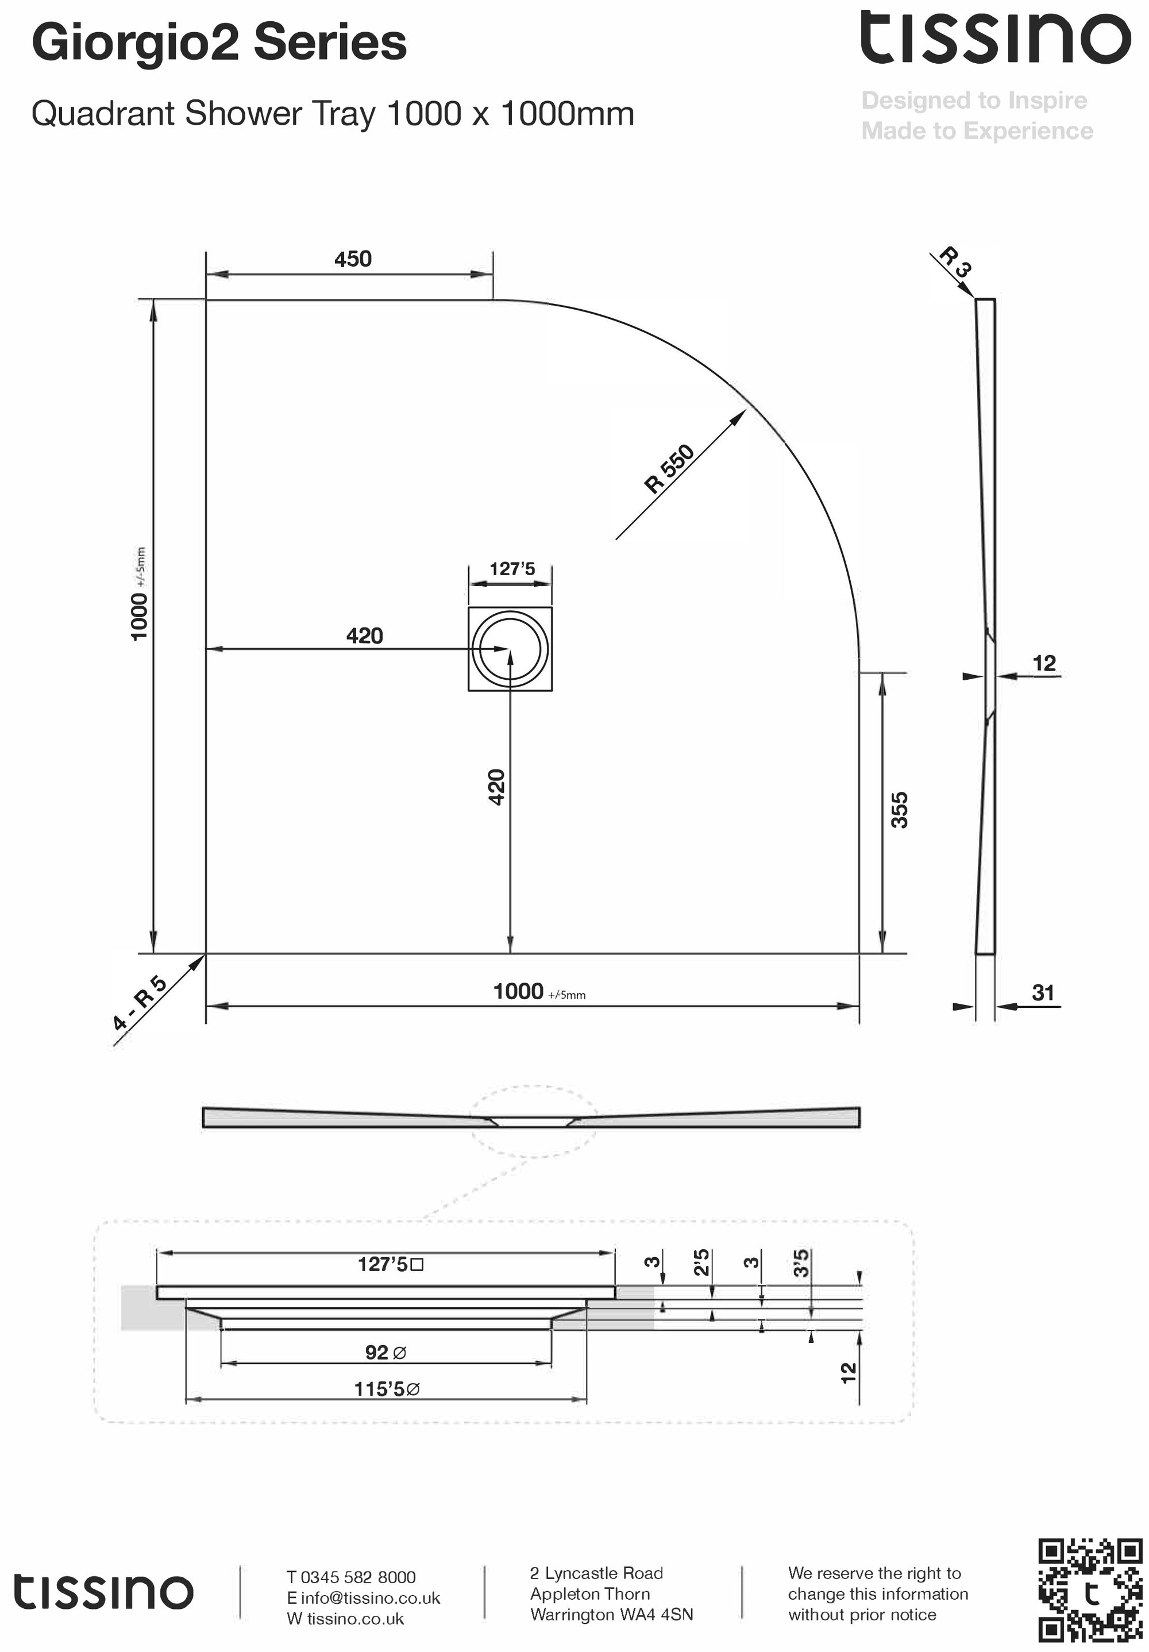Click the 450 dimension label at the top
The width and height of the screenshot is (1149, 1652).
pyautogui.click(x=353, y=259)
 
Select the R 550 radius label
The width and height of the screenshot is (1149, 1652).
pyautogui.click(x=669, y=469)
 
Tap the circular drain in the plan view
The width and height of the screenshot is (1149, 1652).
pyautogui.click(x=510, y=648)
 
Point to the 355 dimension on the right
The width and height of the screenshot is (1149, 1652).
pyautogui.click(x=899, y=810)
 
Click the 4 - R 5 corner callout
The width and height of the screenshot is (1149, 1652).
pyautogui.click(x=140, y=1003)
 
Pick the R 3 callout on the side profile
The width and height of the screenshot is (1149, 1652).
pyautogui.click(x=956, y=262)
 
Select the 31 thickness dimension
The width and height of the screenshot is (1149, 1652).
pyautogui.click(x=1043, y=993)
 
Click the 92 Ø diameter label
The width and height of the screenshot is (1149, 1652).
pyautogui.click(x=385, y=1353)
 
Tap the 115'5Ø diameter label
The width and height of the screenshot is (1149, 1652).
pyautogui.click(x=387, y=1389)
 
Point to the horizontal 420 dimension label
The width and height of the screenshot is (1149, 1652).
pyautogui.click(x=364, y=636)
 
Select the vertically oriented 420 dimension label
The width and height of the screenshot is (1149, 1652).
pyautogui.click(x=496, y=787)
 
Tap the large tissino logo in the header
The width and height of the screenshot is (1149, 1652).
pyautogui.click(x=995, y=37)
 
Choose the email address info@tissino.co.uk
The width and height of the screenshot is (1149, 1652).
pyautogui.click(x=370, y=1598)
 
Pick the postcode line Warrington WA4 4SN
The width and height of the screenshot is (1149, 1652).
pyautogui.click(x=611, y=1615)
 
